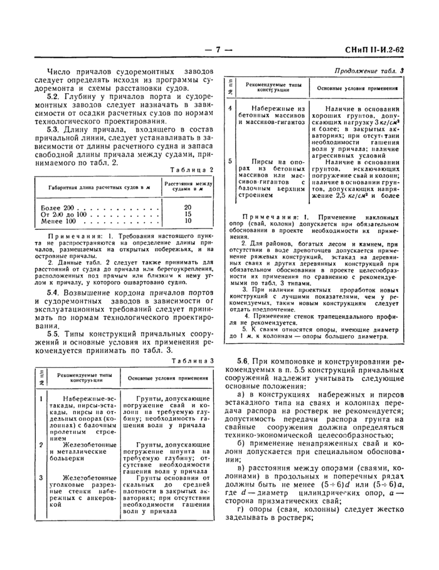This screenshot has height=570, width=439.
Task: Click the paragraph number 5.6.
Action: (244, 362)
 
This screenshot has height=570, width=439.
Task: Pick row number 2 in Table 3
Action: (41, 444)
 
